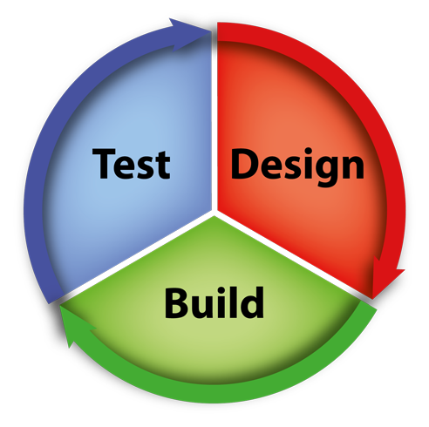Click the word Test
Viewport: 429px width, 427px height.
point(131,163)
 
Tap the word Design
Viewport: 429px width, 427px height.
point(297,166)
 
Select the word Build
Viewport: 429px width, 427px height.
point(214,302)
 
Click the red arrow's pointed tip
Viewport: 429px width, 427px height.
point(373,299)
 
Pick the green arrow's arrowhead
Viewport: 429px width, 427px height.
point(76,325)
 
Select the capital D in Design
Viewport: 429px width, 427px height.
point(244,163)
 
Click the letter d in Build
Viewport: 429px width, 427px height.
point(252,302)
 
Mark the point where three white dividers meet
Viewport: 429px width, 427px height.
point(214,213)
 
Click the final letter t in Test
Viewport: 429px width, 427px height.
point(163,166)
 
